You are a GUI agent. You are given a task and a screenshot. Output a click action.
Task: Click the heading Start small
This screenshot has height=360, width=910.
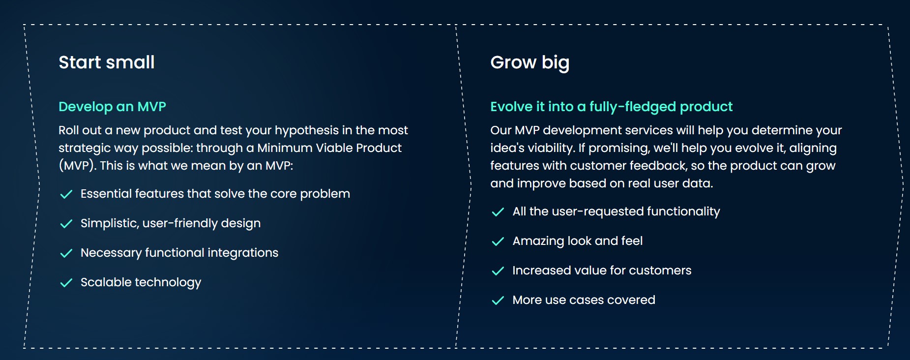pyautogui.click(x=107, y=62)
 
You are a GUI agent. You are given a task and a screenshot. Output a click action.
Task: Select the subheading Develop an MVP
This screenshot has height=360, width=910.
pyautogui.click(x=113, y=107)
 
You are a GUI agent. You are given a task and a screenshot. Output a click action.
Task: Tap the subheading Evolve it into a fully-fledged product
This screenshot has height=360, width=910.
pyautogui.click(x=612, y=107)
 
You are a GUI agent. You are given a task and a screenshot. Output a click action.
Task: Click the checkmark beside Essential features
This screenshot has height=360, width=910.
pyautogui.click(x=66, y=194)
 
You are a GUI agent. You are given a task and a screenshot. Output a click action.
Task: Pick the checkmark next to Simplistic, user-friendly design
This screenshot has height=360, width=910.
pyautogui.click(x=66, y=224)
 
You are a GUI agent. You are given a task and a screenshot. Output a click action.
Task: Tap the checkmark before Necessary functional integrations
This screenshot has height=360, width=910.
pyautogui.click(x=66, y=253)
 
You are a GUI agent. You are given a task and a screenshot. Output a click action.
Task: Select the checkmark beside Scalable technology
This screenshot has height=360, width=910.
pyautogui.click(x=66, y=283)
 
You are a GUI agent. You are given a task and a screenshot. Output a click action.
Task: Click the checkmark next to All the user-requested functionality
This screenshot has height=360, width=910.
pyautogui.click(x=498, y=212)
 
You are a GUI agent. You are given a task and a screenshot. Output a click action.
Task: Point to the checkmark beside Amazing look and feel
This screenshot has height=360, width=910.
pyautogui.click(x=498, y=241)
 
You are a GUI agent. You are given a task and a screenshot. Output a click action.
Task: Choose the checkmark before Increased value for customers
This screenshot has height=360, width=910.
pyautogui.click(x=498, y=271)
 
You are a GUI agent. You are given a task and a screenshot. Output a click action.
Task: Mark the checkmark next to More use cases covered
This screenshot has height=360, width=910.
pyautogui.click(x=498, y=300)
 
